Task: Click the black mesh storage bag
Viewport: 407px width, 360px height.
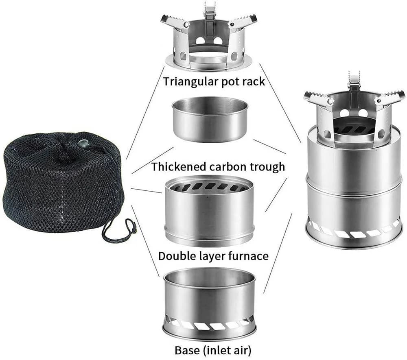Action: tap(61, 183)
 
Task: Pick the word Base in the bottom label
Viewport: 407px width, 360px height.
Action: tap(185, 350)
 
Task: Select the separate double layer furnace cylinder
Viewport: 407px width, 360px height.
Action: tap(210, 212)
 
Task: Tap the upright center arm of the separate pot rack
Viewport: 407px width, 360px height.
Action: tap(209, 16)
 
